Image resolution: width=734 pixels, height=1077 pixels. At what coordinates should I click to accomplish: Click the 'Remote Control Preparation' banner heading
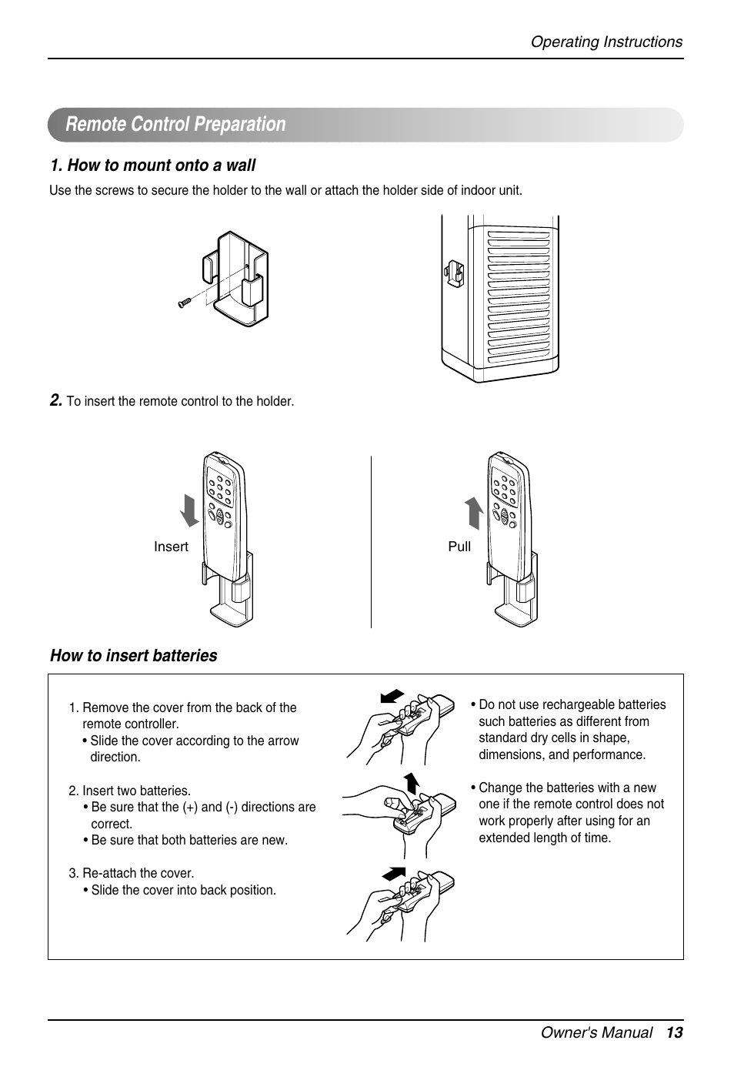click(175, 125)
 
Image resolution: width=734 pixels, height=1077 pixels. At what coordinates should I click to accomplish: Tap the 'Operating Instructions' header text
click(606, 42)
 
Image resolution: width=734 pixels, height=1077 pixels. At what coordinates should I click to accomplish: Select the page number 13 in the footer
click(675, 1033)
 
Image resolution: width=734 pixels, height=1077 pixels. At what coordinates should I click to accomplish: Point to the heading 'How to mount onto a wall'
click(153, 166)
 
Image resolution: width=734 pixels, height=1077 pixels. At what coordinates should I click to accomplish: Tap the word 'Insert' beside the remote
click(171, 547)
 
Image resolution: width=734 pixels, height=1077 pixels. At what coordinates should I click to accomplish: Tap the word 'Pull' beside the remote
click(459, 547)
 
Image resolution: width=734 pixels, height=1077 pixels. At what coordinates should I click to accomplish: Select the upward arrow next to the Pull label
click(475, 513)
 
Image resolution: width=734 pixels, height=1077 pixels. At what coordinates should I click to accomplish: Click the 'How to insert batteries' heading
click(134, 656)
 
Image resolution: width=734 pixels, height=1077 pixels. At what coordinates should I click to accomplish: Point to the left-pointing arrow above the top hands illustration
click(392, 696)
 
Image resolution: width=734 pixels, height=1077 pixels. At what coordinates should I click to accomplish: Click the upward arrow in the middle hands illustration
click(412, 781)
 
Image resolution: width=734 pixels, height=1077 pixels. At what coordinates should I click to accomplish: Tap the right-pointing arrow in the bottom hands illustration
click(393, 874)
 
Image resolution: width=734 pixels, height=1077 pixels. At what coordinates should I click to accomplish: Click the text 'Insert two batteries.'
click(136, 791)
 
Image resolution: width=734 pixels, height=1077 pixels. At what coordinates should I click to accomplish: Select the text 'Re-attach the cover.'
click(138, 873)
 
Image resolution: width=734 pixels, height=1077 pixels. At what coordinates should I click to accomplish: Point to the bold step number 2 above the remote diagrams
click(55, 400)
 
